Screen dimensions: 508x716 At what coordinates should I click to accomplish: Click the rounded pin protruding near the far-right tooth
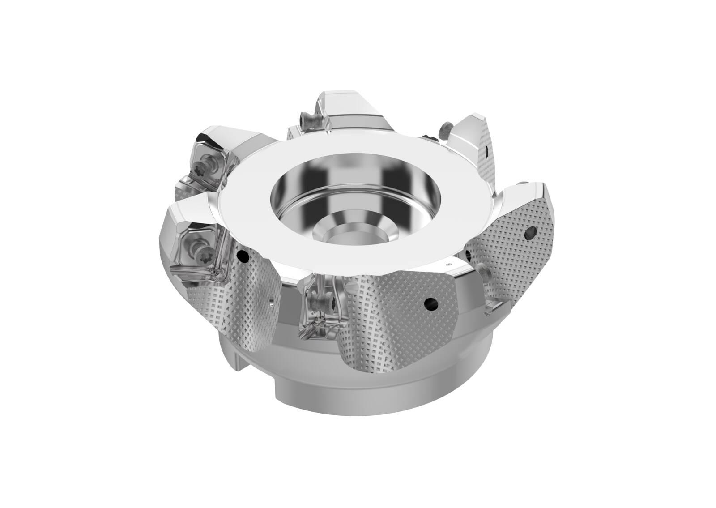click(483, 270)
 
